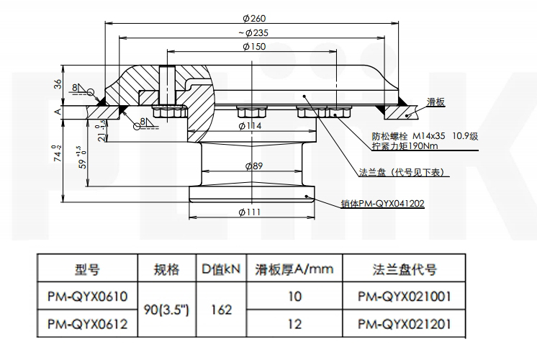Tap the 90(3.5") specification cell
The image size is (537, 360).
coord(166,310)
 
